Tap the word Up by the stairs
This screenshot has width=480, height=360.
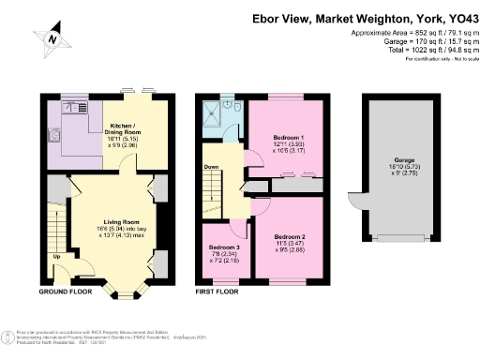(x=56, y=256)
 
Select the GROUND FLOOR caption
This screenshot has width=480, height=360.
(x=66, y=292)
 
